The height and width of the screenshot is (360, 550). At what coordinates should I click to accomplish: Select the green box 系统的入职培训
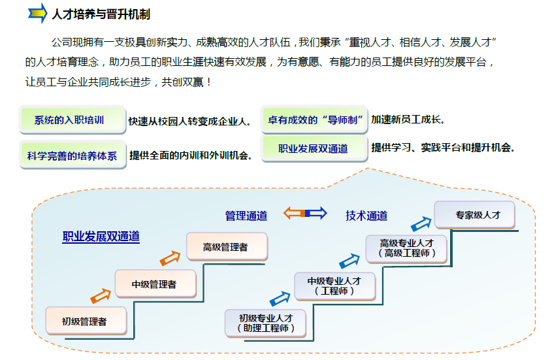point(71,120)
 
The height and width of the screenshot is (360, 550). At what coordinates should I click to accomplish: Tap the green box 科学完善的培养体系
point(72,155)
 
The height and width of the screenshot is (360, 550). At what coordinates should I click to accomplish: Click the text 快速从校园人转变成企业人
point(189,121)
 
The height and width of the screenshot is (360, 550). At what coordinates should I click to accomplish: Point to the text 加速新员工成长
point(408,120)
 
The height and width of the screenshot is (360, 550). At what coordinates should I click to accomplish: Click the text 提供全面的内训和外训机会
point(191,155)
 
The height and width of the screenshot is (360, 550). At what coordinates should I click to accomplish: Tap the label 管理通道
point(246,215)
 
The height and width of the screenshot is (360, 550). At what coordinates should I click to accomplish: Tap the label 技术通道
point(366,215)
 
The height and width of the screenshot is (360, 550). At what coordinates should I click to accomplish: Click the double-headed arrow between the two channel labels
point(305,213)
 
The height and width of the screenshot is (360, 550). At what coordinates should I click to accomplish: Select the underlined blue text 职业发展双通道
point(101,237)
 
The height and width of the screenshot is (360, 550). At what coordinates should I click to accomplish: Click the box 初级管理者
point(84,321)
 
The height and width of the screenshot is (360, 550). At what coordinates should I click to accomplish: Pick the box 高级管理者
point(226,247)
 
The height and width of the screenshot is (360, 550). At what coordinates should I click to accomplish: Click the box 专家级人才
point(475,214)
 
